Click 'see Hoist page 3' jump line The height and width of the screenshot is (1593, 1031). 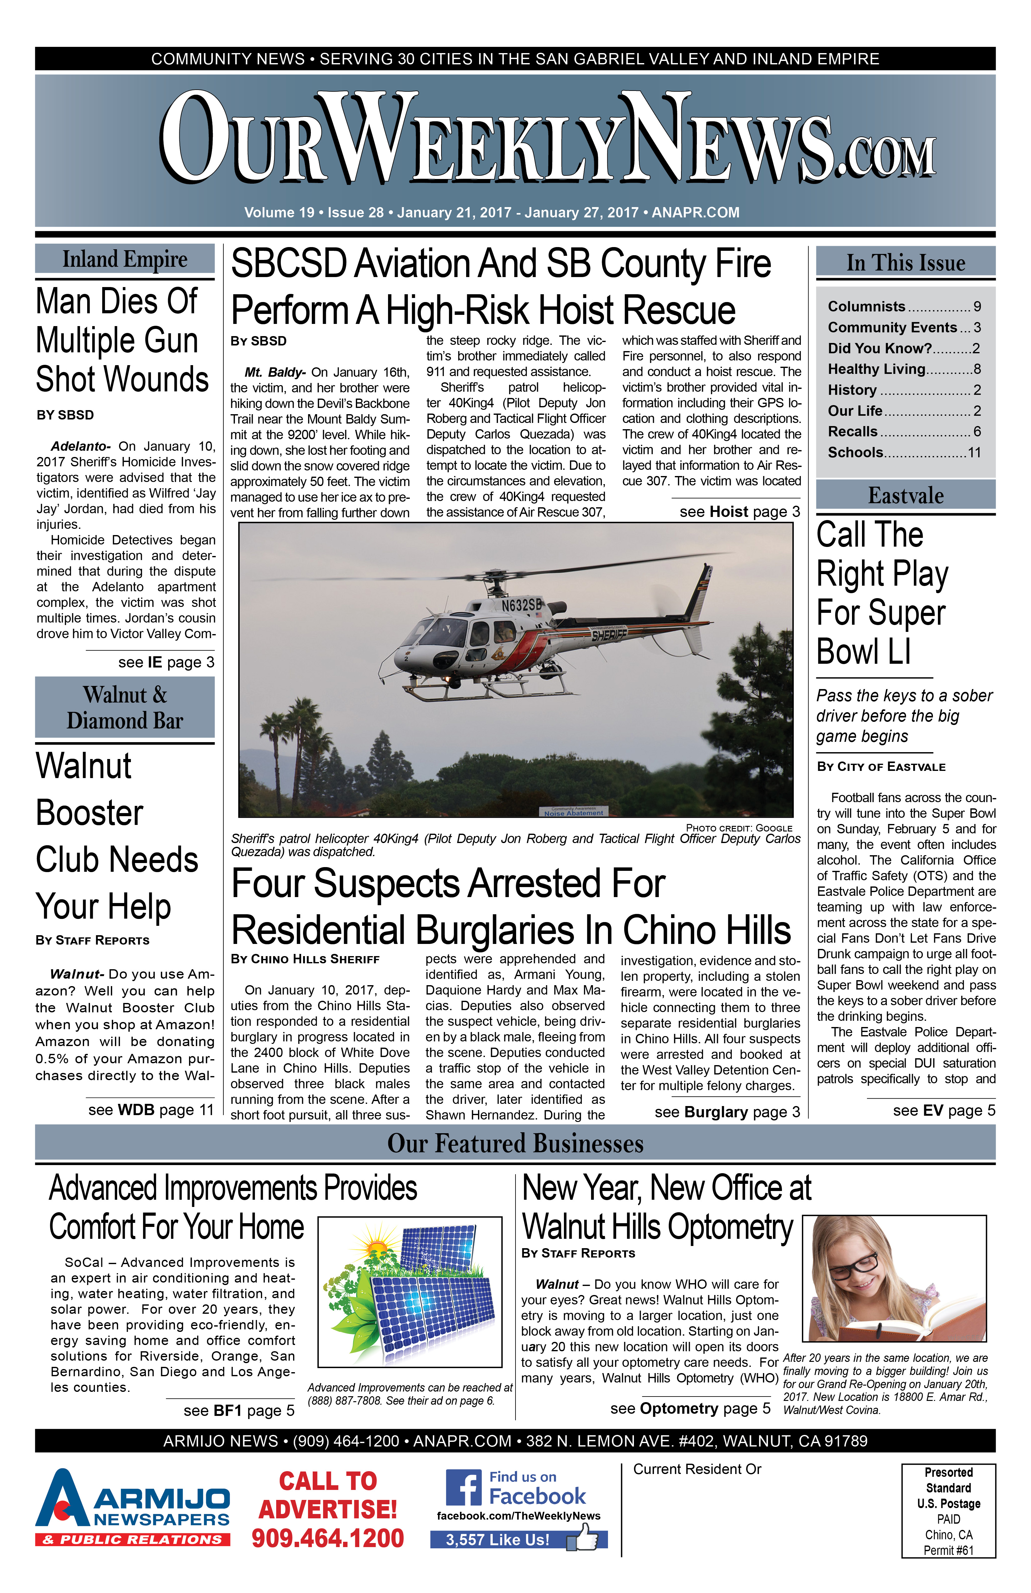coord(739,512)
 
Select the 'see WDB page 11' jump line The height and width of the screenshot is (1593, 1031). coord(151,1110)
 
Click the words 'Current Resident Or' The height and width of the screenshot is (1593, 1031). coord(697,1469)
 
